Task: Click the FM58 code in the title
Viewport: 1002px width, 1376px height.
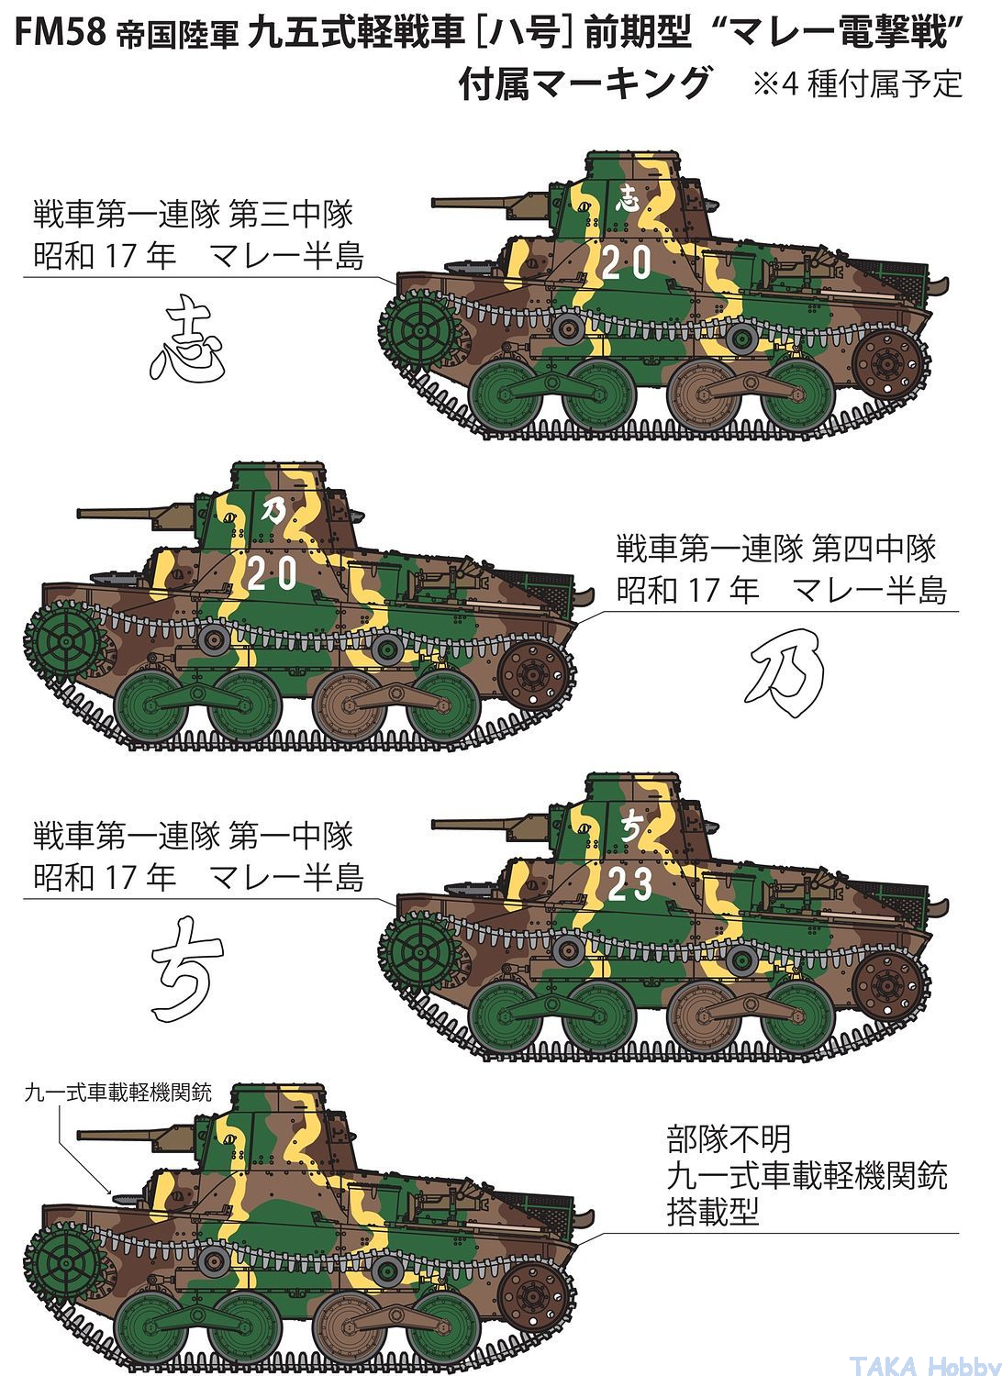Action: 61,32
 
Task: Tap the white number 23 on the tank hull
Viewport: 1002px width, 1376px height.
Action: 629,884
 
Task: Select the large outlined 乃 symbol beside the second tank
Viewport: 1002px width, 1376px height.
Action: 785,672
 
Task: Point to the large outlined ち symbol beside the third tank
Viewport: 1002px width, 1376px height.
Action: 186,970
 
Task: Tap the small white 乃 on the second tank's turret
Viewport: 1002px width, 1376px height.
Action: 273,510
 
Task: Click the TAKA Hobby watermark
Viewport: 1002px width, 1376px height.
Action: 925,1365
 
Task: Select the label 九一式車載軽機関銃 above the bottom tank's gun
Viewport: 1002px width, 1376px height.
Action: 118,1093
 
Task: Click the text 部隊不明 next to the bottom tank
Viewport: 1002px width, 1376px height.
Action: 729,1139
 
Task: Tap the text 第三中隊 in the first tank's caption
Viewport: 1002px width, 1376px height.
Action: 291,215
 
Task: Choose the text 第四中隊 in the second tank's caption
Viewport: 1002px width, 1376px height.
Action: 874,549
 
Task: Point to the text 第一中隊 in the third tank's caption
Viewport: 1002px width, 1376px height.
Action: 291,836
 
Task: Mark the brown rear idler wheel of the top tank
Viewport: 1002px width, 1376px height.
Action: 888,365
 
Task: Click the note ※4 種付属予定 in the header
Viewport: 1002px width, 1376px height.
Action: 858,84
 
